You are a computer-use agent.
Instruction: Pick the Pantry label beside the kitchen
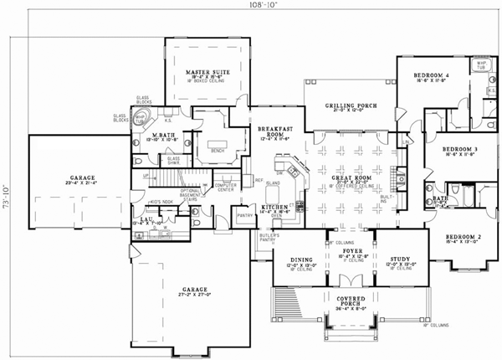point(245,215)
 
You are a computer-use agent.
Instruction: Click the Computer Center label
point(227,187)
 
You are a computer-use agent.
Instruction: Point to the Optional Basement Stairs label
point(192,196)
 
